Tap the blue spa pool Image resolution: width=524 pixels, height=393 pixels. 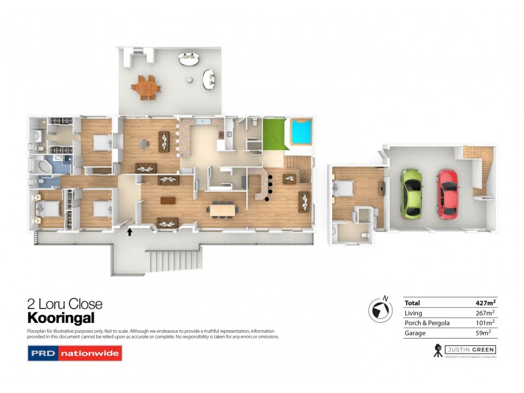pos(301,132)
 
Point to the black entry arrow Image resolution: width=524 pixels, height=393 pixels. pos(130,231)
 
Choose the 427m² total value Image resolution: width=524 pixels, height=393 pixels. pos(485,303)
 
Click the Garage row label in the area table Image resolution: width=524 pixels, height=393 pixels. pos(414,333)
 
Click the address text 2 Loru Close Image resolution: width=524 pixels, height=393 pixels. pos(65,304)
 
